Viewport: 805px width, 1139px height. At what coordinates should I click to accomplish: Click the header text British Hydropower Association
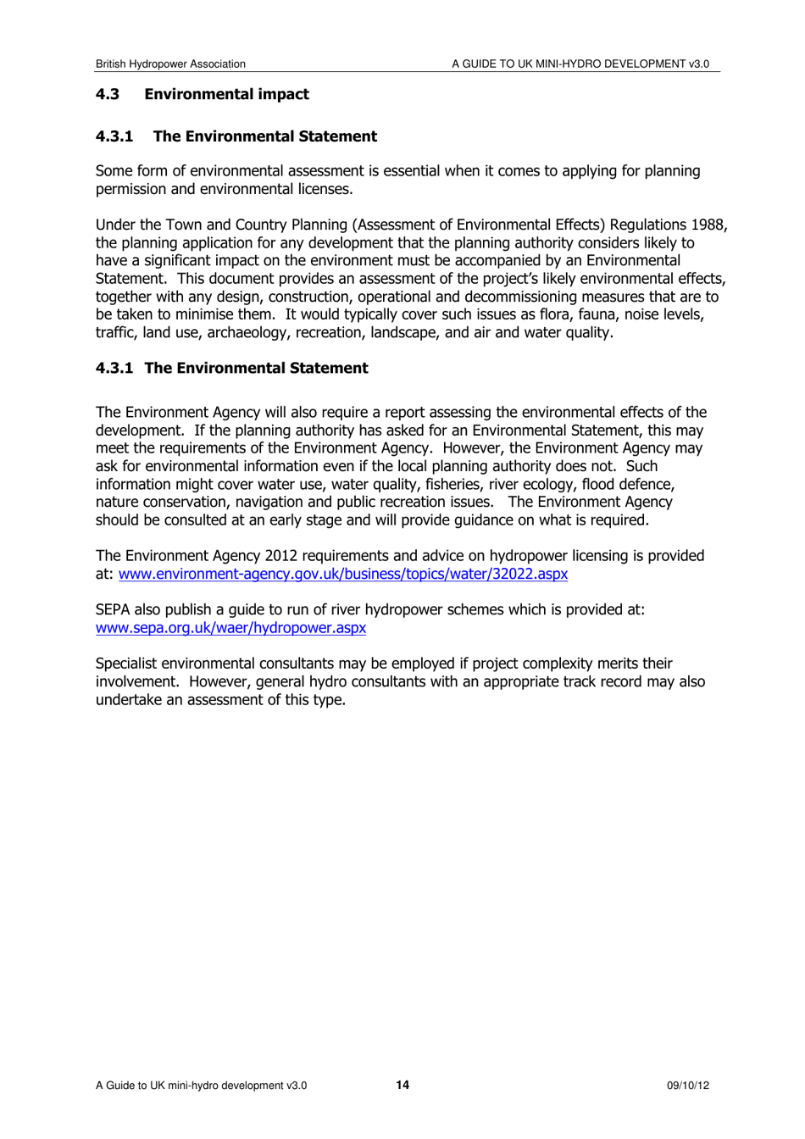click(x=170, y=64)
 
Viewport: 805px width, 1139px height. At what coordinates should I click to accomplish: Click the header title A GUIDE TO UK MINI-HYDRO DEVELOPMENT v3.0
click(x=580, y=64)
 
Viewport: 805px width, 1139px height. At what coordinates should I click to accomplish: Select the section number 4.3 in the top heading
click(x=107, y=94)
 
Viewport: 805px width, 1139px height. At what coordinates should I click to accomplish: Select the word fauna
click(x=597, y=314)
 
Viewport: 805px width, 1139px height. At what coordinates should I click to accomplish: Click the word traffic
click(x=114, y=332)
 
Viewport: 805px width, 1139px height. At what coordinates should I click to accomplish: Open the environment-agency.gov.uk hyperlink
click(x=343, y=574)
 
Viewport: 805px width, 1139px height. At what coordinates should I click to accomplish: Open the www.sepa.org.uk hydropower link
click(x=230, y=628)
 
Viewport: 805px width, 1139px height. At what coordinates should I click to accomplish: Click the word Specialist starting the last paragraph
click(x=126, y=664)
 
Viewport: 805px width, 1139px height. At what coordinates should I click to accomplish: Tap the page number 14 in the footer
click(x=402, y=1085)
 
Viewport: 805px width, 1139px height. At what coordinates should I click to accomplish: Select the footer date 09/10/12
click(x=687, y=1086)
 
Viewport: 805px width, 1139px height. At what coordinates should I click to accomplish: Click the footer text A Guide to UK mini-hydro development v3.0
click(x=201, y=1086)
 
